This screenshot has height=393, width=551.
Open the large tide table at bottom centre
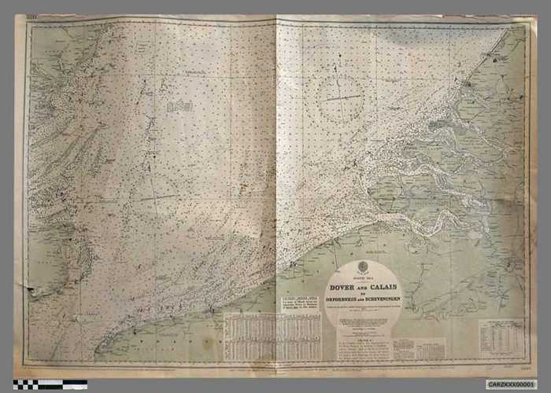coord(272,336)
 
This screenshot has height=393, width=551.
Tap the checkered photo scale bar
coord(50,384)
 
